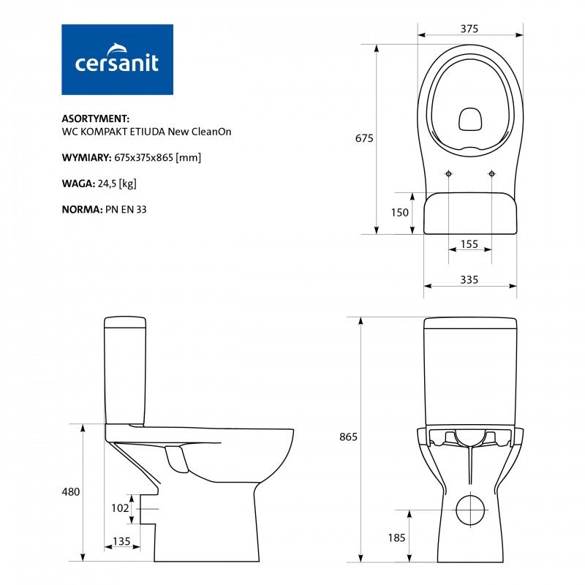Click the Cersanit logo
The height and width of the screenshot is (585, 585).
[117, 59]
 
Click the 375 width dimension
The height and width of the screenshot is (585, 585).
[469, 29]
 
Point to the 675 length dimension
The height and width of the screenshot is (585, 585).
[364, 138]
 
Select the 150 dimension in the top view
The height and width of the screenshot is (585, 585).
[399, 212]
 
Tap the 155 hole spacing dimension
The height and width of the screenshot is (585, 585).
[469, 244]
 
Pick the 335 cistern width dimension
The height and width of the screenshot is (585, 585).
[469, 279]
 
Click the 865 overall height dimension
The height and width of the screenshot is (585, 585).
[348, 437]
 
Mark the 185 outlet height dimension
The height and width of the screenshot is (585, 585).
[396, 537]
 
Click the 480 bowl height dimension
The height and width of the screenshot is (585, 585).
[71, 491]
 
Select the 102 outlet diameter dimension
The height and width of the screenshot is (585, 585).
[120, 507]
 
